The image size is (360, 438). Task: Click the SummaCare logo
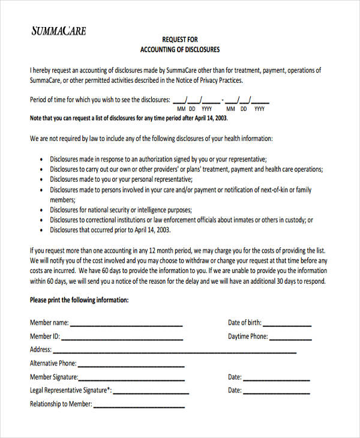(58, 31)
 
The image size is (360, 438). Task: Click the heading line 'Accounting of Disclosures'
(180, 49)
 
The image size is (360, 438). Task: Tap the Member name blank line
(127, 325)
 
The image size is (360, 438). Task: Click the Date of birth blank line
(288, 325)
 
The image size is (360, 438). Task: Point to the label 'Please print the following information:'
(79, 300)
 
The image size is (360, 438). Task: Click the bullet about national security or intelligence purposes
(121, 210)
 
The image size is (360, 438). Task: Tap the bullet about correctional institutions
(181, 220)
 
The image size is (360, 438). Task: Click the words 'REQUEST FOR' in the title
(180, 40)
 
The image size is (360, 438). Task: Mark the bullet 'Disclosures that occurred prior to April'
(110, 230)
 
